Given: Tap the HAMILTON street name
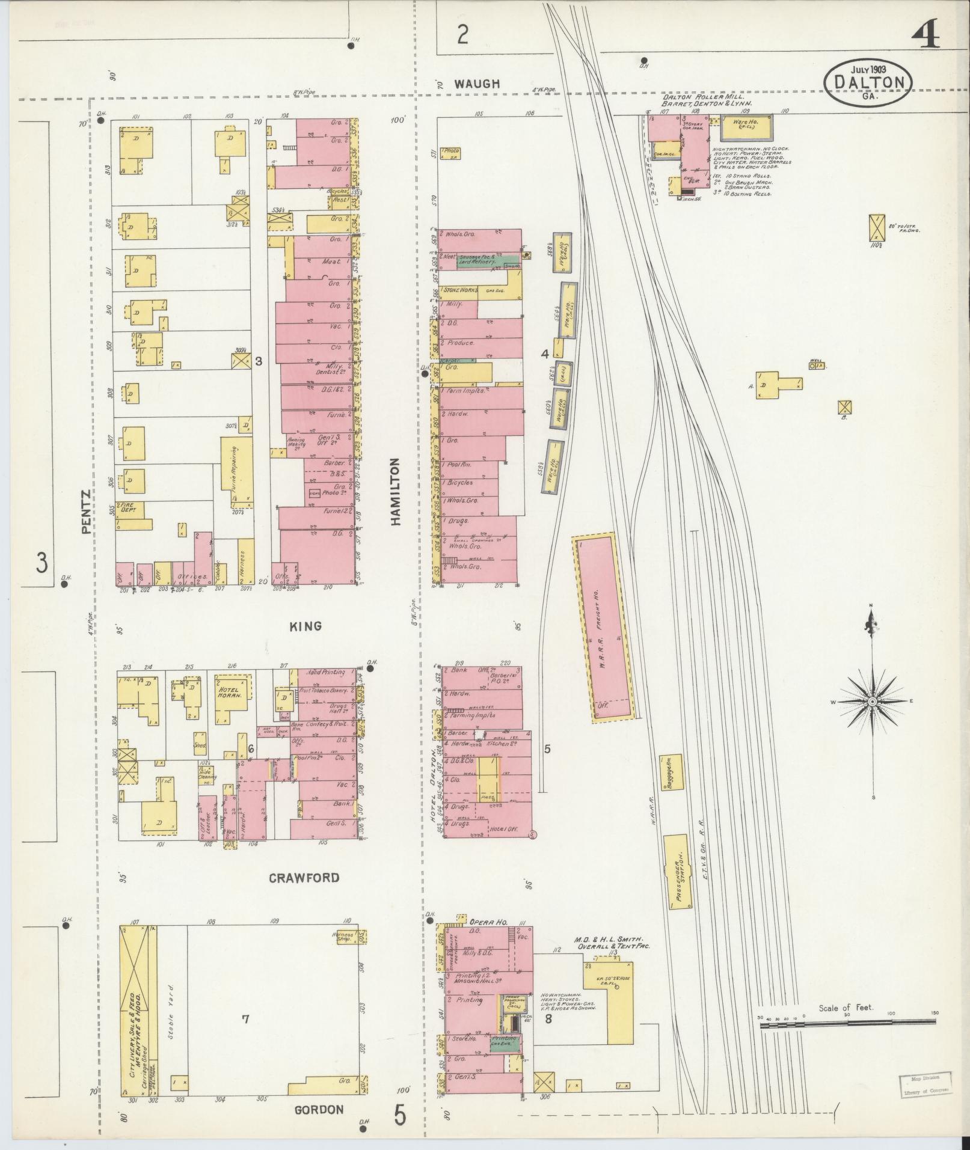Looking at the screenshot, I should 395,492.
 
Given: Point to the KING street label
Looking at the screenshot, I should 305,626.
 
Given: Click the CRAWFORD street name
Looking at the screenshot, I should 304,878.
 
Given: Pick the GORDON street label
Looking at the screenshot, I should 319,1110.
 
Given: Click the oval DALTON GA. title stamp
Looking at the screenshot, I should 868,82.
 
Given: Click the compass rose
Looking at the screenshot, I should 871,702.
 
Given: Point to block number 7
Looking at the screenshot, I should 245,1018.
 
